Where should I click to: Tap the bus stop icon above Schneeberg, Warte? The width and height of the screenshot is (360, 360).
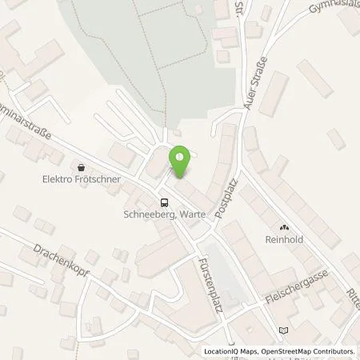pyautogui.click(x=164, y=202)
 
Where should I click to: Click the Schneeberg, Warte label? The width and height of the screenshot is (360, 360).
pyautogui.click(x=163, y=214)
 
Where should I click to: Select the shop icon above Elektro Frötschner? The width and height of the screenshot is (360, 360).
pyautogui.click(x=82, y=167)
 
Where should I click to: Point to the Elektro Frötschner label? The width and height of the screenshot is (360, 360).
pyautogui.click(x=82, y=179)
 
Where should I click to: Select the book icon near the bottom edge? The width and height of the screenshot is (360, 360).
pyautogui.click(x=282, y=330)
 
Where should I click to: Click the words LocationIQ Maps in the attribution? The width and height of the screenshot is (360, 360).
pyautogui.click(x=229, y=351)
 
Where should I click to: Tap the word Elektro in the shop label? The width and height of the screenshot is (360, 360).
pyautogui.click(x=59, y=179)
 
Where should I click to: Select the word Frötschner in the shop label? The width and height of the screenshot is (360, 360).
pyautogui.click(x=98, y=179)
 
